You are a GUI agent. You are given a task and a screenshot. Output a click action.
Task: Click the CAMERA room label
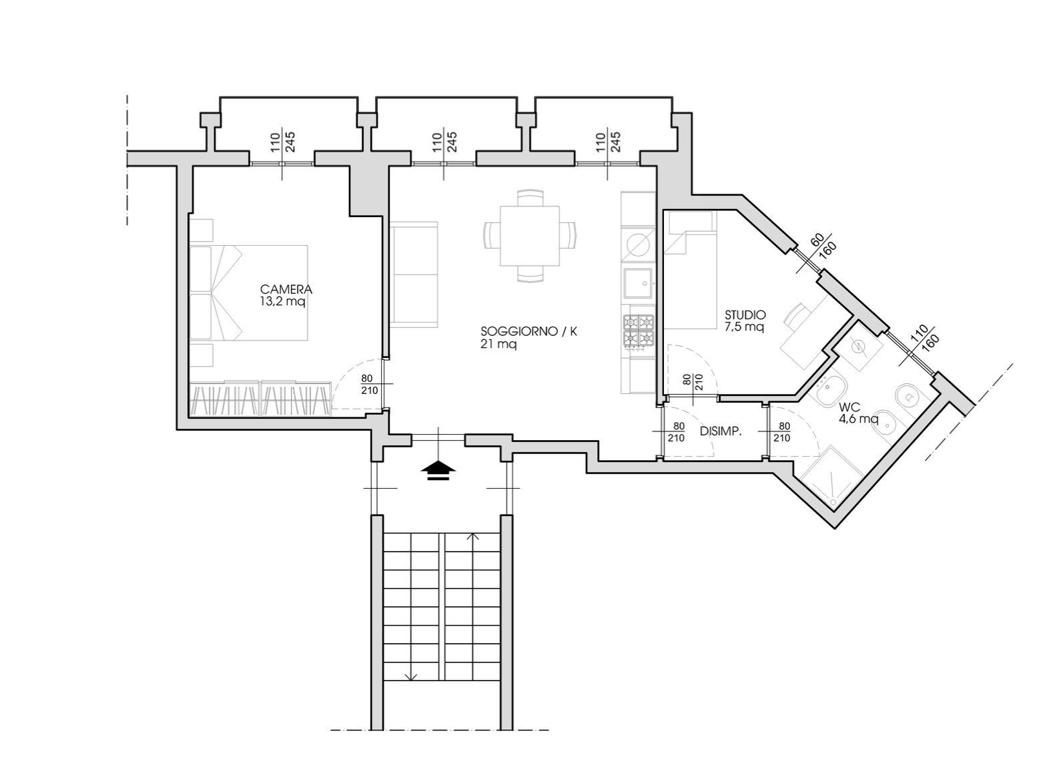pos(286,289)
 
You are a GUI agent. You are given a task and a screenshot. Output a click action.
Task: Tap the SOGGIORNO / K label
pos(529,331)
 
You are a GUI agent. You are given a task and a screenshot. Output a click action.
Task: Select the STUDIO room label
pos(745,315)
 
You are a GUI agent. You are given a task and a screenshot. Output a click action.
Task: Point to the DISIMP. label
pos(721,431)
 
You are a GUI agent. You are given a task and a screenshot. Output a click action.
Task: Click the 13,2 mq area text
pos(282,302)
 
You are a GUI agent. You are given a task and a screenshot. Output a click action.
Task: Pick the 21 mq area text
pos(498,345)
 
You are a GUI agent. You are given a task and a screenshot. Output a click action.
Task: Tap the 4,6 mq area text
pos(858,418)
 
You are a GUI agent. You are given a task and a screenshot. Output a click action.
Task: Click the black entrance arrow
pos(438,470)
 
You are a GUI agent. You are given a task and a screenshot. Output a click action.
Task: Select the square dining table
pos(530,236)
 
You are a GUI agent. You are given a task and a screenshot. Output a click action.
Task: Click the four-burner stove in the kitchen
pos(639,331)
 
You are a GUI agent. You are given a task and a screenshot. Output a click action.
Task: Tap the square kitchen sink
pos(638,284)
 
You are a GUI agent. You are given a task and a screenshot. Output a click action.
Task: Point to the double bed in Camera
pos(249,293)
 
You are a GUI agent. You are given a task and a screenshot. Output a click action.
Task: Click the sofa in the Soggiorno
pos(414,274)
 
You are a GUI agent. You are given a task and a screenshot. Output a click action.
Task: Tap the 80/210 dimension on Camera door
pos(370,384)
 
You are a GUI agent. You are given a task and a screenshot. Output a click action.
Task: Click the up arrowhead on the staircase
pos(473,536)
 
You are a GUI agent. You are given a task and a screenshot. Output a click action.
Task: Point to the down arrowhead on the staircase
pos(411,677)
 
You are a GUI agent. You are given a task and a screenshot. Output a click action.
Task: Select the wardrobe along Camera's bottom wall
pos(260,399)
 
